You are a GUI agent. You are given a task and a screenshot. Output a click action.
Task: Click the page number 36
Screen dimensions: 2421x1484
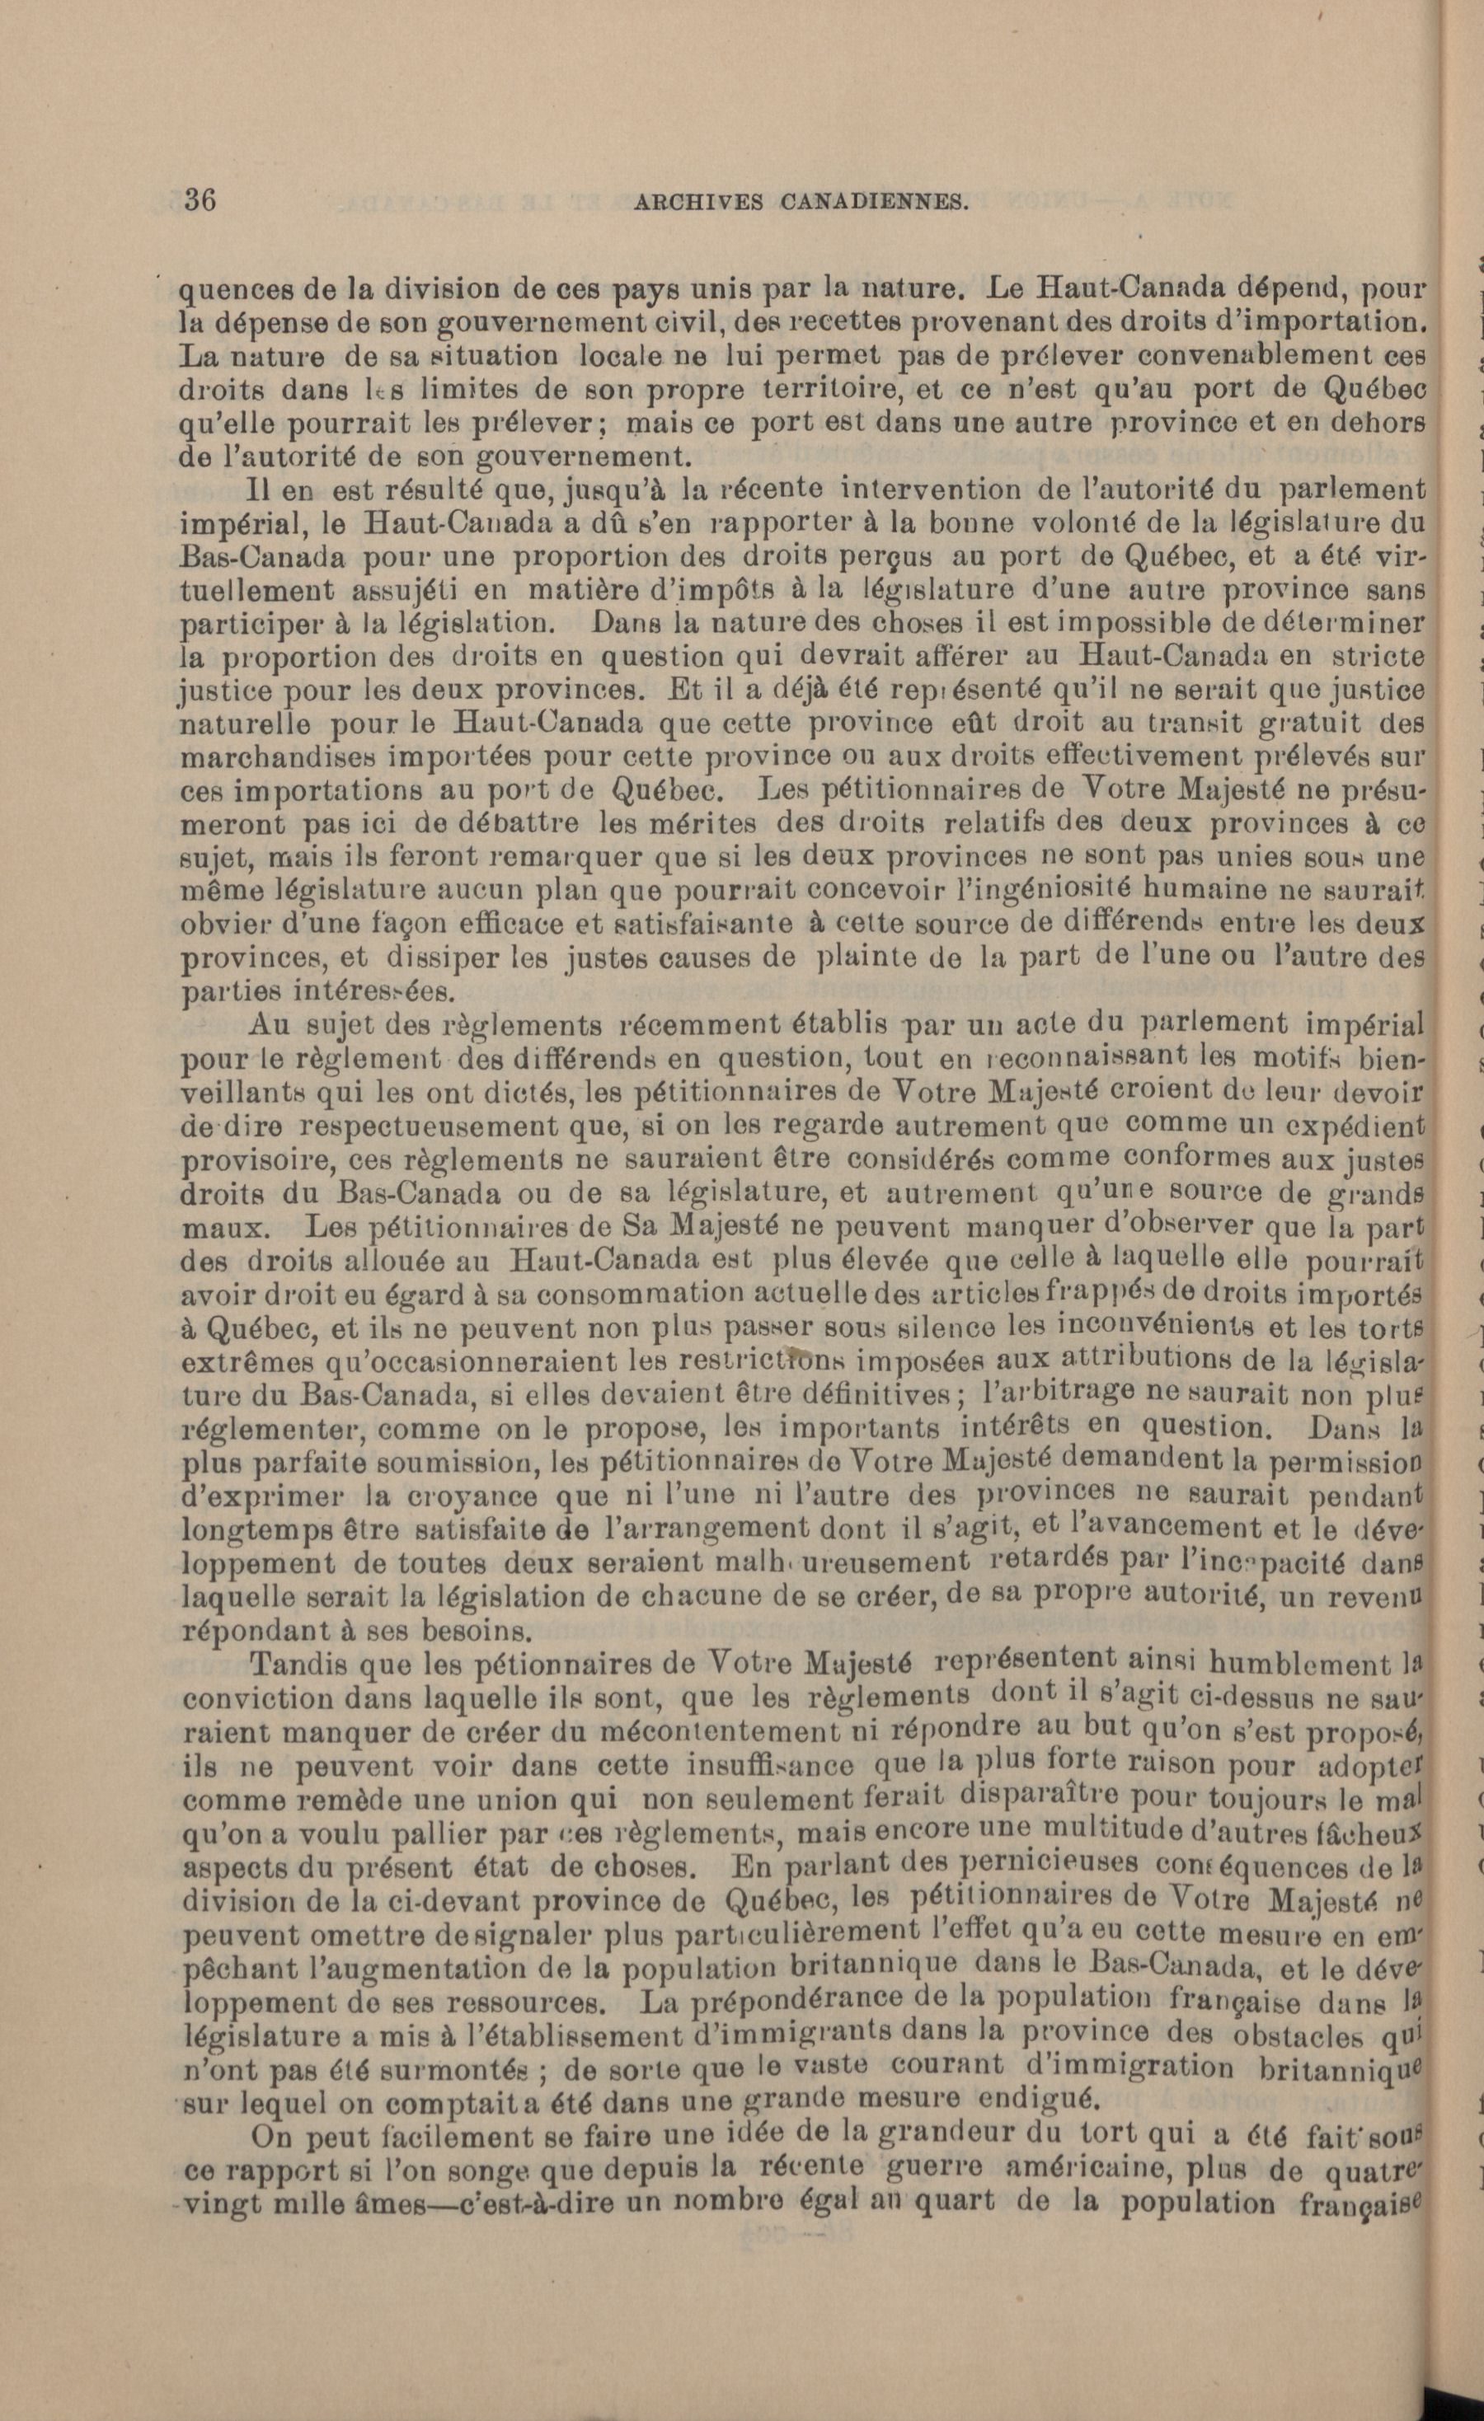(x=200, y=199)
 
